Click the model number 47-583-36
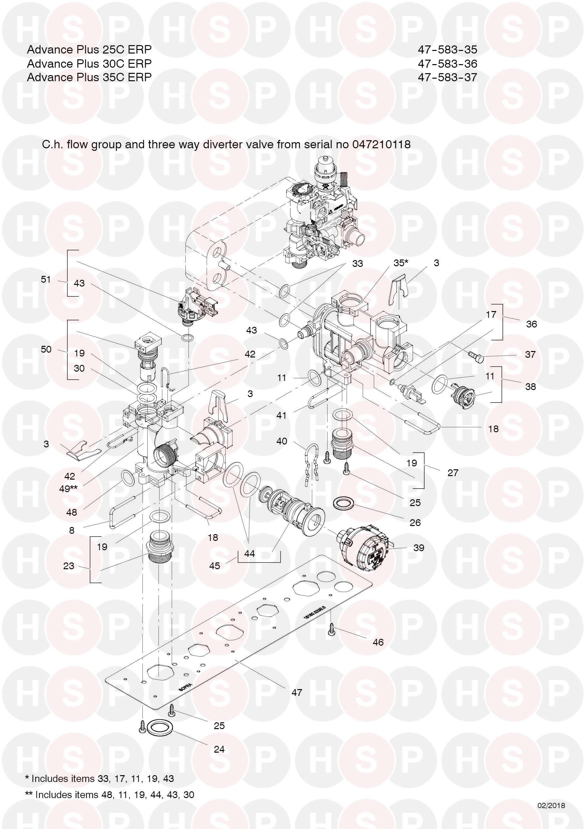point(447,63)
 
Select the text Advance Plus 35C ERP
point(89,77)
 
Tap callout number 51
point(46,279)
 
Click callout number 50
point(46,349)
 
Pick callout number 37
point(530,354)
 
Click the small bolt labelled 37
point(475,357)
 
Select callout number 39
point(418,548)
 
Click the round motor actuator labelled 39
point(365,547)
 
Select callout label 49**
point(68,489)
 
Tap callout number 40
point(282,441)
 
